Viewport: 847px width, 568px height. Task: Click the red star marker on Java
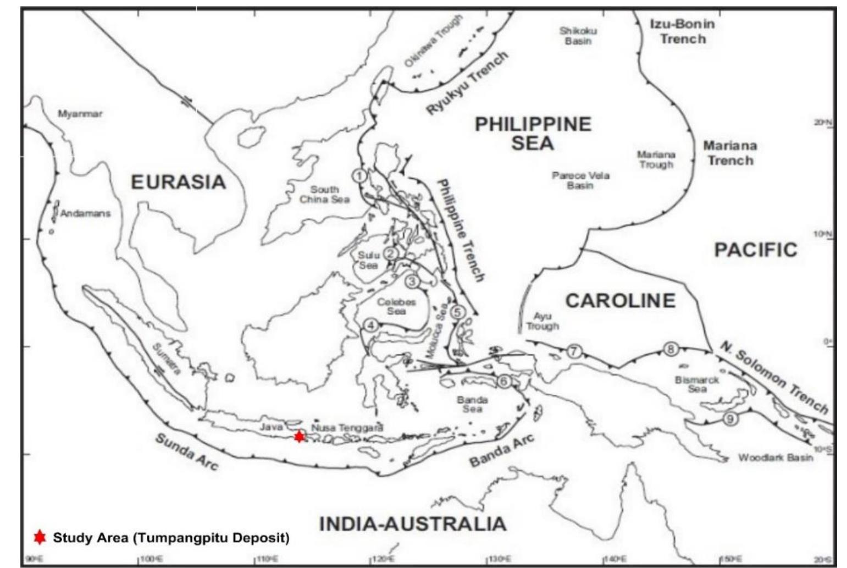point(298,436)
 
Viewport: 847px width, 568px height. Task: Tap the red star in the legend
point(39,537)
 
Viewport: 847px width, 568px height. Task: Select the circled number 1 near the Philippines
point(359,176)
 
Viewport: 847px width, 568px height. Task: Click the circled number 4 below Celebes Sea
point(371,325)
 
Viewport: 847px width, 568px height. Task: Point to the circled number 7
point(573,351)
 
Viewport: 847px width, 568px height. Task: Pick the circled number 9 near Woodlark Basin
point(730,418)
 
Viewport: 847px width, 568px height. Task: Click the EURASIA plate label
point(178,182)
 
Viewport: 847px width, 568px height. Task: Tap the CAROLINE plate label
point(621,301)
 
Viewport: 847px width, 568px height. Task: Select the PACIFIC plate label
point(755,250)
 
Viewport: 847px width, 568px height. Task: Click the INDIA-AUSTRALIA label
point(412,523)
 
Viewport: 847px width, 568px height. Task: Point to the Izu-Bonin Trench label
point(682,31)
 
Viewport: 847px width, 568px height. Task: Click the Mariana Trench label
point(730,153)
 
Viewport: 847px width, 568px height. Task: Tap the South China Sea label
point(324,194)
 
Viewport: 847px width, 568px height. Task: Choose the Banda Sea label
point(472,404)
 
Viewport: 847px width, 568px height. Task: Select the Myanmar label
point(80,114)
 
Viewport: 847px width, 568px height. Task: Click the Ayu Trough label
point(542,321)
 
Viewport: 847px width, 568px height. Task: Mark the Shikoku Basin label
point(578,36)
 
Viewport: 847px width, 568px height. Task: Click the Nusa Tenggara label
point(347,427)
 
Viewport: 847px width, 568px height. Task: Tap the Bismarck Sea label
point(696,384)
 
